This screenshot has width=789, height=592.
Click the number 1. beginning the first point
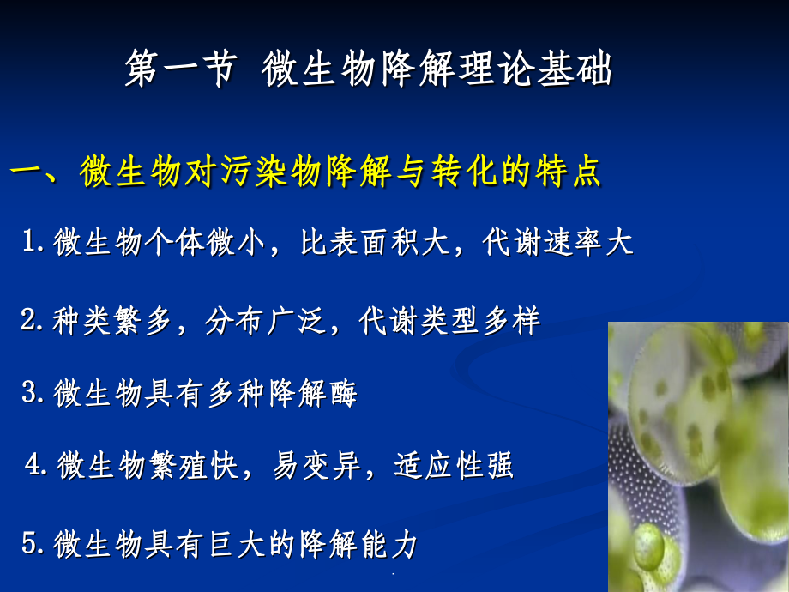click(34, 243)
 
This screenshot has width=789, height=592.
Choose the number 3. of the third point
click(33, 394)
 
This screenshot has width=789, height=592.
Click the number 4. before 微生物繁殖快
click(38, 466)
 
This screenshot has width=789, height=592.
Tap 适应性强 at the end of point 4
click(454, 466)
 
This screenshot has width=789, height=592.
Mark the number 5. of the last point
click(33, 544)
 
